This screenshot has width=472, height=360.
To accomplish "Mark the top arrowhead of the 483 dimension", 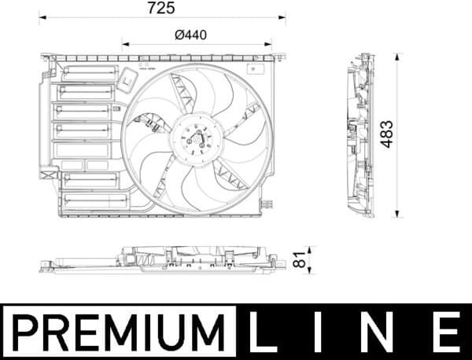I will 398,56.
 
